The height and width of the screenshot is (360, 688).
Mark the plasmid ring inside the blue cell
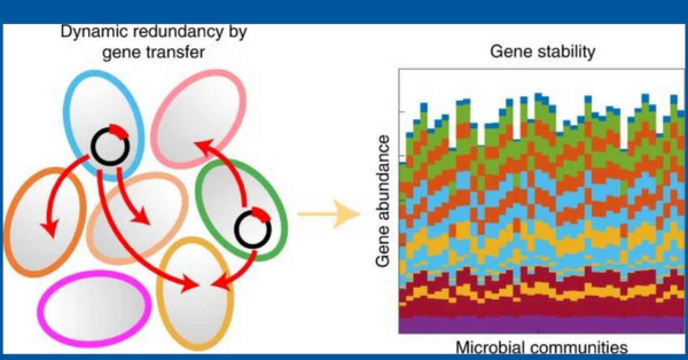pos(111,146)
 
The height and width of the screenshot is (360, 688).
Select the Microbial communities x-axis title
pos(542,347)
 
